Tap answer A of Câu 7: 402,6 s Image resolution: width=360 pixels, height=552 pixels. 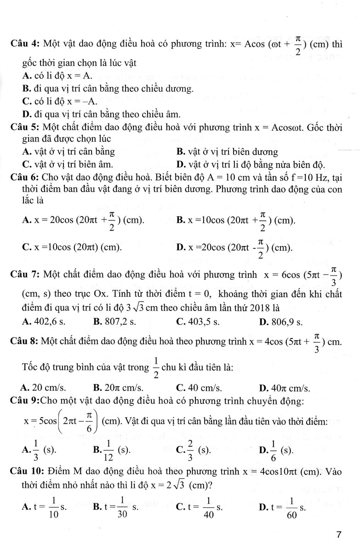point(44,322)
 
